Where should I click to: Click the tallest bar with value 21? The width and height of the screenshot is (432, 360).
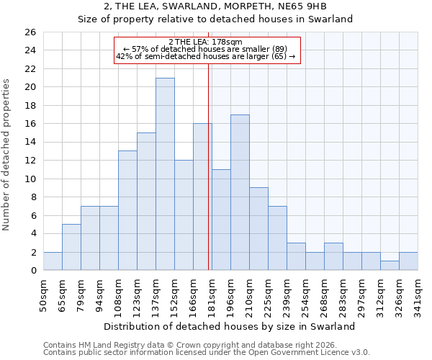point(165,174)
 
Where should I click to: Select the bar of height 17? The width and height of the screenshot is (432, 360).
point(240,192)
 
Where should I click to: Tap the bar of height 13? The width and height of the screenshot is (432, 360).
point(127,210)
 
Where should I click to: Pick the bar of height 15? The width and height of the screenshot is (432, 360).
point(146,202)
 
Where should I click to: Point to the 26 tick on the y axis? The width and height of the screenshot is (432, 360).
point(30,32)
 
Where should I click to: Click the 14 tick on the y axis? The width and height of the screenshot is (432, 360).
point(30,143)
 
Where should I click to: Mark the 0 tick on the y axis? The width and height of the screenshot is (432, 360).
point(32,271)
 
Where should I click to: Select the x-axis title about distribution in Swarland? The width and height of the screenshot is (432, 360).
point(230,326)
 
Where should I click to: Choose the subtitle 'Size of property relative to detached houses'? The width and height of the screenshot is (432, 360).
point(215,19)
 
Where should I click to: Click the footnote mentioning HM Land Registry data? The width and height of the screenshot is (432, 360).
point(180,345)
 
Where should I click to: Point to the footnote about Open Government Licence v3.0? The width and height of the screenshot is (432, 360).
point(207,352)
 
